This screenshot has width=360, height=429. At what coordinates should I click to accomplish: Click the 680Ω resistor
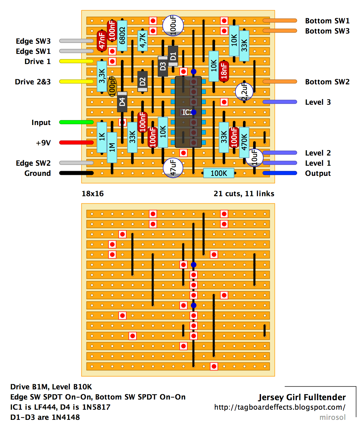tap(122, 36)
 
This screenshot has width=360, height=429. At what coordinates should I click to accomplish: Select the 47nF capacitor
tap(102, 41)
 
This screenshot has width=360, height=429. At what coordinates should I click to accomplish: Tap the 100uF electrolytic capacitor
tap(173, 25)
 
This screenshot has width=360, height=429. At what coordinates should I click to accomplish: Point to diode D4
tap(122, 102)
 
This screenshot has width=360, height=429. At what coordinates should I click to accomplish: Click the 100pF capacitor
tap(112, 86)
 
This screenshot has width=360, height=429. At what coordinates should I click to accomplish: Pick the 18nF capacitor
tap(224, 71)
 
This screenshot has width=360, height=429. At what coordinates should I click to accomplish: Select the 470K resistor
tap(244, 142)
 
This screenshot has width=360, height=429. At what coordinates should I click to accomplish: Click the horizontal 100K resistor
tap(219, 173)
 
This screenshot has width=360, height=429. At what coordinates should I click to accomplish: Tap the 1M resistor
tap(112, 147)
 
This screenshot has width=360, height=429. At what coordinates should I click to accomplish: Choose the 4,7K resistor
tap(142, 41)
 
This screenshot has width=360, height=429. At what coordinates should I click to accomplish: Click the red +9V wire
tap(76, 142)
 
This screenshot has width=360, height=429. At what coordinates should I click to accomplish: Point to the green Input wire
tap(76, 122)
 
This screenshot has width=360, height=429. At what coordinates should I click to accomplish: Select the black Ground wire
tap(76, 173)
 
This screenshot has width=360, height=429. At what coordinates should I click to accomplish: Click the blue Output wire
tap(280, 173)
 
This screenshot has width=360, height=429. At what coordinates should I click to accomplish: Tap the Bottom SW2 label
tap(327, 82)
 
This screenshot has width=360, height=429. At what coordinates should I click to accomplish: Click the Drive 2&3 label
tap(33, 82)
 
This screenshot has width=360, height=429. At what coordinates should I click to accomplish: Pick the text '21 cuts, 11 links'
tap(244, 193)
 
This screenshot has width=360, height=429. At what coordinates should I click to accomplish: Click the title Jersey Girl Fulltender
tap(302, 397)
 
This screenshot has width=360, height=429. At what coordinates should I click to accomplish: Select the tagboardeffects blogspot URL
tap(280, 407)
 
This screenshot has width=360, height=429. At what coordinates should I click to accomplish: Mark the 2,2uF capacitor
tap(244, 91)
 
